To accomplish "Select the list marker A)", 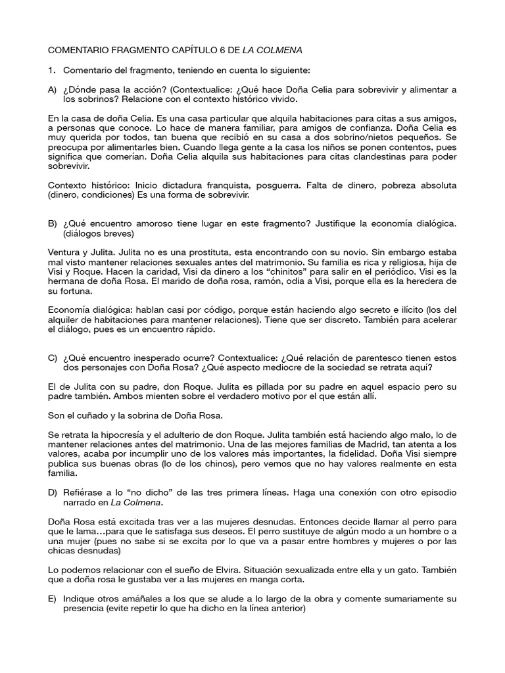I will [x=53, y=89].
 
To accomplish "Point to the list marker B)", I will [x=53, y=224].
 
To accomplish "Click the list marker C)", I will [x=53, y=358].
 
